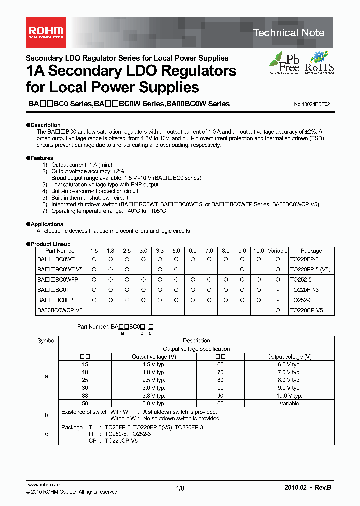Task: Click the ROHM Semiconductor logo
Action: pyautogui.click(x=45, y=33)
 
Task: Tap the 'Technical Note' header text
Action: pyautogui.click(x=289, y=33)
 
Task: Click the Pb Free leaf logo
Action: pyautogui.click(x=285, y=63)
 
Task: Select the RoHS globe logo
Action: pyautogui.click(x=319, y=63)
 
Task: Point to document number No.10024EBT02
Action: pyautogui.click(x=308, y=104)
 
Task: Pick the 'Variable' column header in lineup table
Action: pyautogui.click(x=277, y=251)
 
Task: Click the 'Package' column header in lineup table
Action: pyautogui.click(x=311, y=251)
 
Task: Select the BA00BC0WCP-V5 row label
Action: pyautogui.click(x=60, y=310)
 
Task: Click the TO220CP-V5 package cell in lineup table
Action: pyautogui.click(x=306, y=310)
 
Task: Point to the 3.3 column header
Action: pyautogui.click(x=160, y=251)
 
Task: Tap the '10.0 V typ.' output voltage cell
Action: pyautogui.click(x=289, y=395)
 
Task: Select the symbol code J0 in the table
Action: pyautogui.click(x=220, y=395)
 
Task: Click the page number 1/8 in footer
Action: pyautogui.click(x=180, y=488)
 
